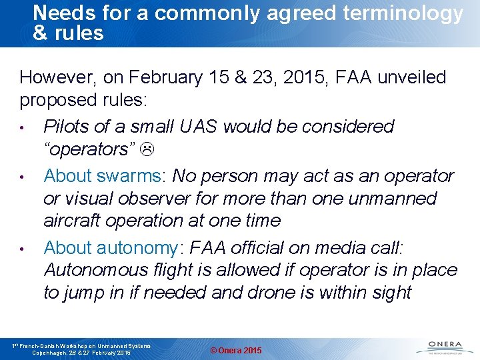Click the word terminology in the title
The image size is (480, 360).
pyautogui.click(x=407, y=13)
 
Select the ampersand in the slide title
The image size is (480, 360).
pyautogui.click(x=40, y=33)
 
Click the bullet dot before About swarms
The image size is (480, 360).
pyautogui.click(x=22, y=177)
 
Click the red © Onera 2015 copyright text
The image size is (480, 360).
pyautogui.click(x=236, y=351)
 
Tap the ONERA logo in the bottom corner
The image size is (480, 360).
pyautogui.click(x=441, y=347)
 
